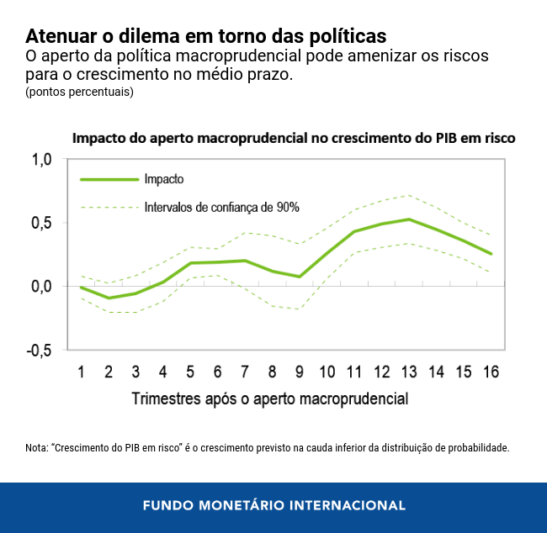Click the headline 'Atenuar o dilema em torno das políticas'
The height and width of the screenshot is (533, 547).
(205, 37)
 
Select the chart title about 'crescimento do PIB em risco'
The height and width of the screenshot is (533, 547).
(294, 138)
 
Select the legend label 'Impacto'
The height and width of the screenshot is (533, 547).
(164, 179)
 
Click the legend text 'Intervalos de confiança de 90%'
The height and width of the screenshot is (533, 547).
(222, 207)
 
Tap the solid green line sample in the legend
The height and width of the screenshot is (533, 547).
(109, 179)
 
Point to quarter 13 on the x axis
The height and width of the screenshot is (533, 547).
(409, 372)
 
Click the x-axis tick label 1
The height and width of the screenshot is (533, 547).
(82, 372)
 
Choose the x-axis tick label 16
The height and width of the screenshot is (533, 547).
(491, 372)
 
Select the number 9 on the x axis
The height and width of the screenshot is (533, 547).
(300, 372)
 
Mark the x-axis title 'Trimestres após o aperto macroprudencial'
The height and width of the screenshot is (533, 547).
(269, 398)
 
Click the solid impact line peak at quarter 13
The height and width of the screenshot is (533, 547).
(409, 219)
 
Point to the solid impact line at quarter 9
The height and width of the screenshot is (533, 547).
(300, 277)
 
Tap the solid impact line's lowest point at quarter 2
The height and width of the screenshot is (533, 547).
(109, 298)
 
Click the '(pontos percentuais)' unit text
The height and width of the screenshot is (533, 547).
(79, 92)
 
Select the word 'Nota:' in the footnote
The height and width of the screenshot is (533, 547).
(37, 448)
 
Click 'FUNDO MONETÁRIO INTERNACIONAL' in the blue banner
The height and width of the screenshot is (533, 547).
(273, 506)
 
